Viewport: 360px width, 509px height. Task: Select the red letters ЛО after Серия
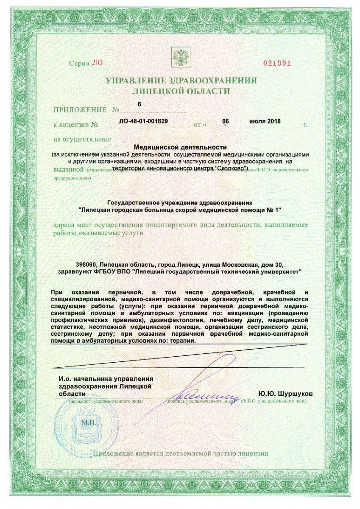pyautogui.click(x=97, y=63)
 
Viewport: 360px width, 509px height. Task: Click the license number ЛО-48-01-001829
pyautogui.click(x=144, y=121)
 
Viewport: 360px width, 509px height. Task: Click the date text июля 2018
pyautogui.click(x=265, y=121)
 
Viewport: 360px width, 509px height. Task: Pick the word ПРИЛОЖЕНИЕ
pyautogui.click(x=80, y=110)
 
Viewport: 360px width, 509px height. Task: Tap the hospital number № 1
pyautogui.click(x=275, y=210)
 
